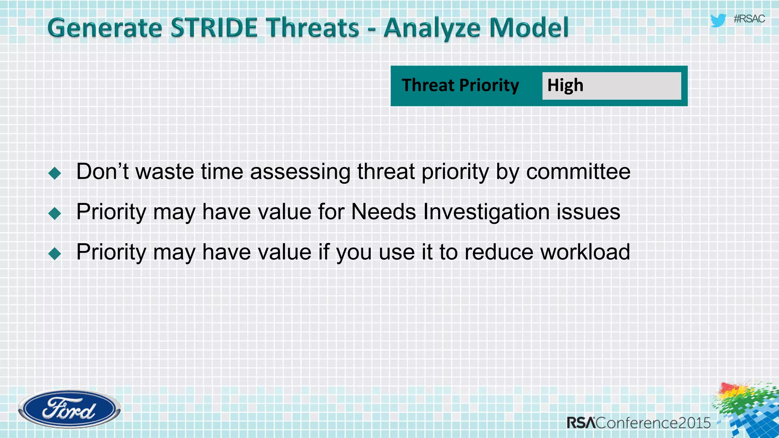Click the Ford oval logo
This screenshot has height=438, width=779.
pos(69,409)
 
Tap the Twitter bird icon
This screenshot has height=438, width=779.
pos(718,20)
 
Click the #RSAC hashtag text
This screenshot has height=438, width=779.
pos(749,19)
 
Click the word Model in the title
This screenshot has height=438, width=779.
pos(529,28)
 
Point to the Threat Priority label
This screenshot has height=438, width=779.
pos(460,85)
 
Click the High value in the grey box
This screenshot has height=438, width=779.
pos(565,85)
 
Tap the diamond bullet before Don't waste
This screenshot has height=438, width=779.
pos(55,173)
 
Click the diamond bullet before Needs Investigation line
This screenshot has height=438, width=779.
pos(55,213)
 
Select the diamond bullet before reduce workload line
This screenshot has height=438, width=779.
pos(55,254)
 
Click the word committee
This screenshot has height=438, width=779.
pos(578,171)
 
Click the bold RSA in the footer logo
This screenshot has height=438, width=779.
pos(581,423)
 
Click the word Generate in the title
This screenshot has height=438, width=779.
pos(105,28)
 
